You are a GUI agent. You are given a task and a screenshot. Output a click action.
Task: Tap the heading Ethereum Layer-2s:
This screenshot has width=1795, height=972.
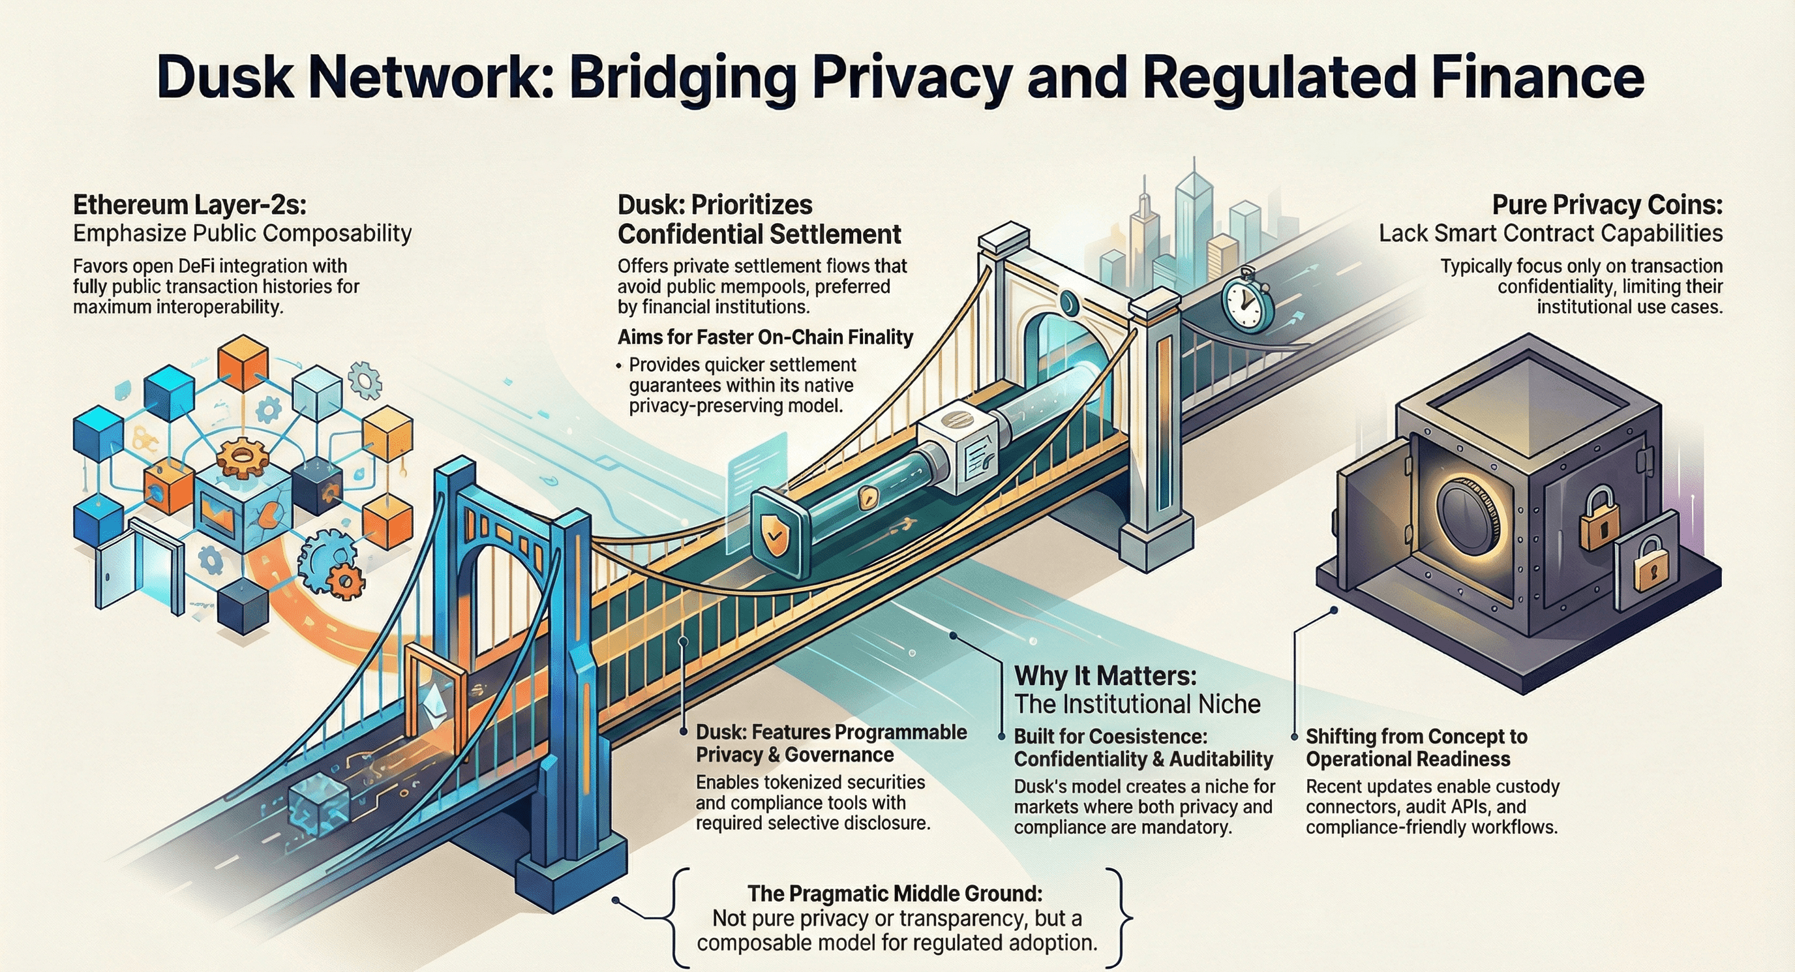(x=190, y=205)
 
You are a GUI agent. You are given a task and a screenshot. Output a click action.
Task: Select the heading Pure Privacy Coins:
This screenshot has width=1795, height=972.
(x=1607, y=205)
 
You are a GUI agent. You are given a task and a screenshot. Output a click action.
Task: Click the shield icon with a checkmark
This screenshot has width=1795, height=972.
(x=774, y=533)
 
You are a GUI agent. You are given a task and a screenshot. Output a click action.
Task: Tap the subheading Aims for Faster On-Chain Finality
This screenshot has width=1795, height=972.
(x=765, y=337)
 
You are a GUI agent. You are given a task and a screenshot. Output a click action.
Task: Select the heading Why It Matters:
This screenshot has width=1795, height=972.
(x=1105, y=676)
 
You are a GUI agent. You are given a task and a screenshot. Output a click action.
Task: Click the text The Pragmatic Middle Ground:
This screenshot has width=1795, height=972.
(x=895, y=893)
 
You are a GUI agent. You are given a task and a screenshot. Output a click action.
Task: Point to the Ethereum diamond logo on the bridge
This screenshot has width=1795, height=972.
(x=435, y=699)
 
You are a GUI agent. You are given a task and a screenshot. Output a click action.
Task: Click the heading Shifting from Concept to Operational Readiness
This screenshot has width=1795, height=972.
(x=1416, y=747)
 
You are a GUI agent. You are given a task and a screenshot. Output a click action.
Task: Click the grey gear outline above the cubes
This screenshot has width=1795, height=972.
(x=365, y=380)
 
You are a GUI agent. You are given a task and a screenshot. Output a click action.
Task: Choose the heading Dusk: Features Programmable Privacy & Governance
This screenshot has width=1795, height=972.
(x=830, y=743)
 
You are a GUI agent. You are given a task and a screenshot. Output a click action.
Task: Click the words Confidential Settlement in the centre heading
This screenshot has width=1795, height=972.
(x=759, y=235)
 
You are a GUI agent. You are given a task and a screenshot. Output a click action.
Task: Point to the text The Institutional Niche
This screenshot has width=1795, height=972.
(x=1138, y=705)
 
